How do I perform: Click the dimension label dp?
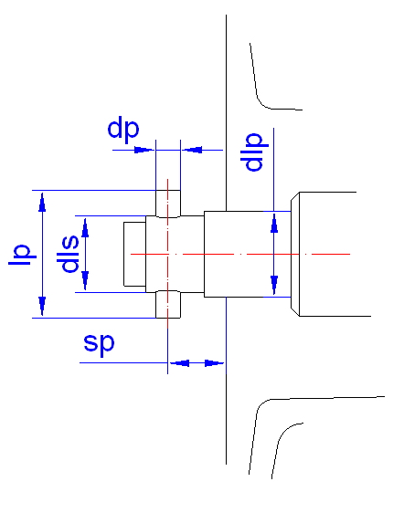tap(123, 130)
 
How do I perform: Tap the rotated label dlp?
tap(254, 152)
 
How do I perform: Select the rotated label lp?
tap(22, 255)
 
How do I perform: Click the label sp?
tap(99, 344)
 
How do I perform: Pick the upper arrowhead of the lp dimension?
tap(42, 202)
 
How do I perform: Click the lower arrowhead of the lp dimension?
tap(42, 306)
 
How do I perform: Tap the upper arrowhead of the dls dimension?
tap(85, 227)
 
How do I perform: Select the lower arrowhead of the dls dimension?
tap(85, 281)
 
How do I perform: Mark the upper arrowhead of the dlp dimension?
tap(274, 223)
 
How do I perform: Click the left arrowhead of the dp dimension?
tap(144, 151)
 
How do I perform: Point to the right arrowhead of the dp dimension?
tap(192, 151)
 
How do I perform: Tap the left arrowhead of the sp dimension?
tap(179, 363)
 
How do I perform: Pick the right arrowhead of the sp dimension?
tap(215, 363)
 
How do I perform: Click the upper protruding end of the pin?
tap(168, 204)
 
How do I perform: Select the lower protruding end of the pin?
tap(168, 304)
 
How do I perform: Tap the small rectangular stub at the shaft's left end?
tap(134, 254)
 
